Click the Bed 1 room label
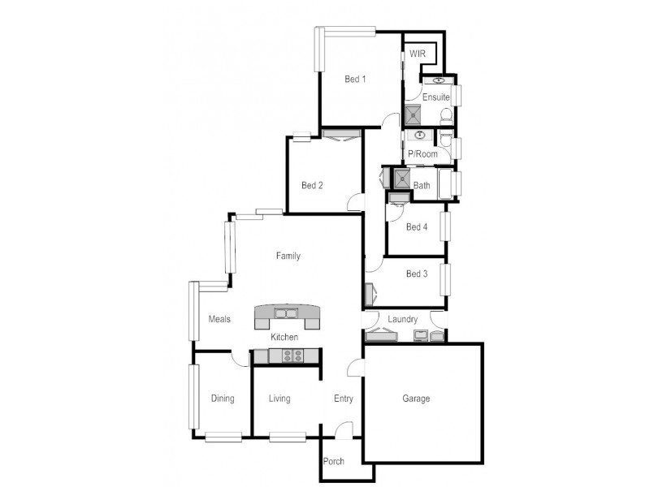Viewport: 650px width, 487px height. [x=355, y=79]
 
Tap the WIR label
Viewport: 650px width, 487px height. [x=418, y=53]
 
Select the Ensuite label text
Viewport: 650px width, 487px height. [x=436, y=97]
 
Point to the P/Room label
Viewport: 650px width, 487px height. [x=422, y=153]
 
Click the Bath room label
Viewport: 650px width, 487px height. [x=422, y=186]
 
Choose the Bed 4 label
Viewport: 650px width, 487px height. [x=416, y=227]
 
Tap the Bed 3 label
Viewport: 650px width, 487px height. [x=416, y=274]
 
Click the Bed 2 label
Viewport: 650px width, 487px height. [x=312, y=185]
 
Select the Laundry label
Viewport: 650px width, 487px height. [x=402, y=319]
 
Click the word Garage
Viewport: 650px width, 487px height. [x=416, y=399]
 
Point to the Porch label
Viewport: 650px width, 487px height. [x=334, y=461]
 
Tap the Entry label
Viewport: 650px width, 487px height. [x=343, y=399]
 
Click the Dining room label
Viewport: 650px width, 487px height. [x=223, y=399]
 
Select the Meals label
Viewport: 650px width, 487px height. [x=219, y=319]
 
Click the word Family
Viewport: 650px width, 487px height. [x=288, y=256]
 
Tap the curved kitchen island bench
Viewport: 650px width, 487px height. [x=288, y=314]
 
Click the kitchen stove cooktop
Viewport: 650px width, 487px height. [x=292, y=355]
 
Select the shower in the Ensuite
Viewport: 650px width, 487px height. [x=412, y=115]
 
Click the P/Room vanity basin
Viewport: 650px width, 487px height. [x=420, y=135]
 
